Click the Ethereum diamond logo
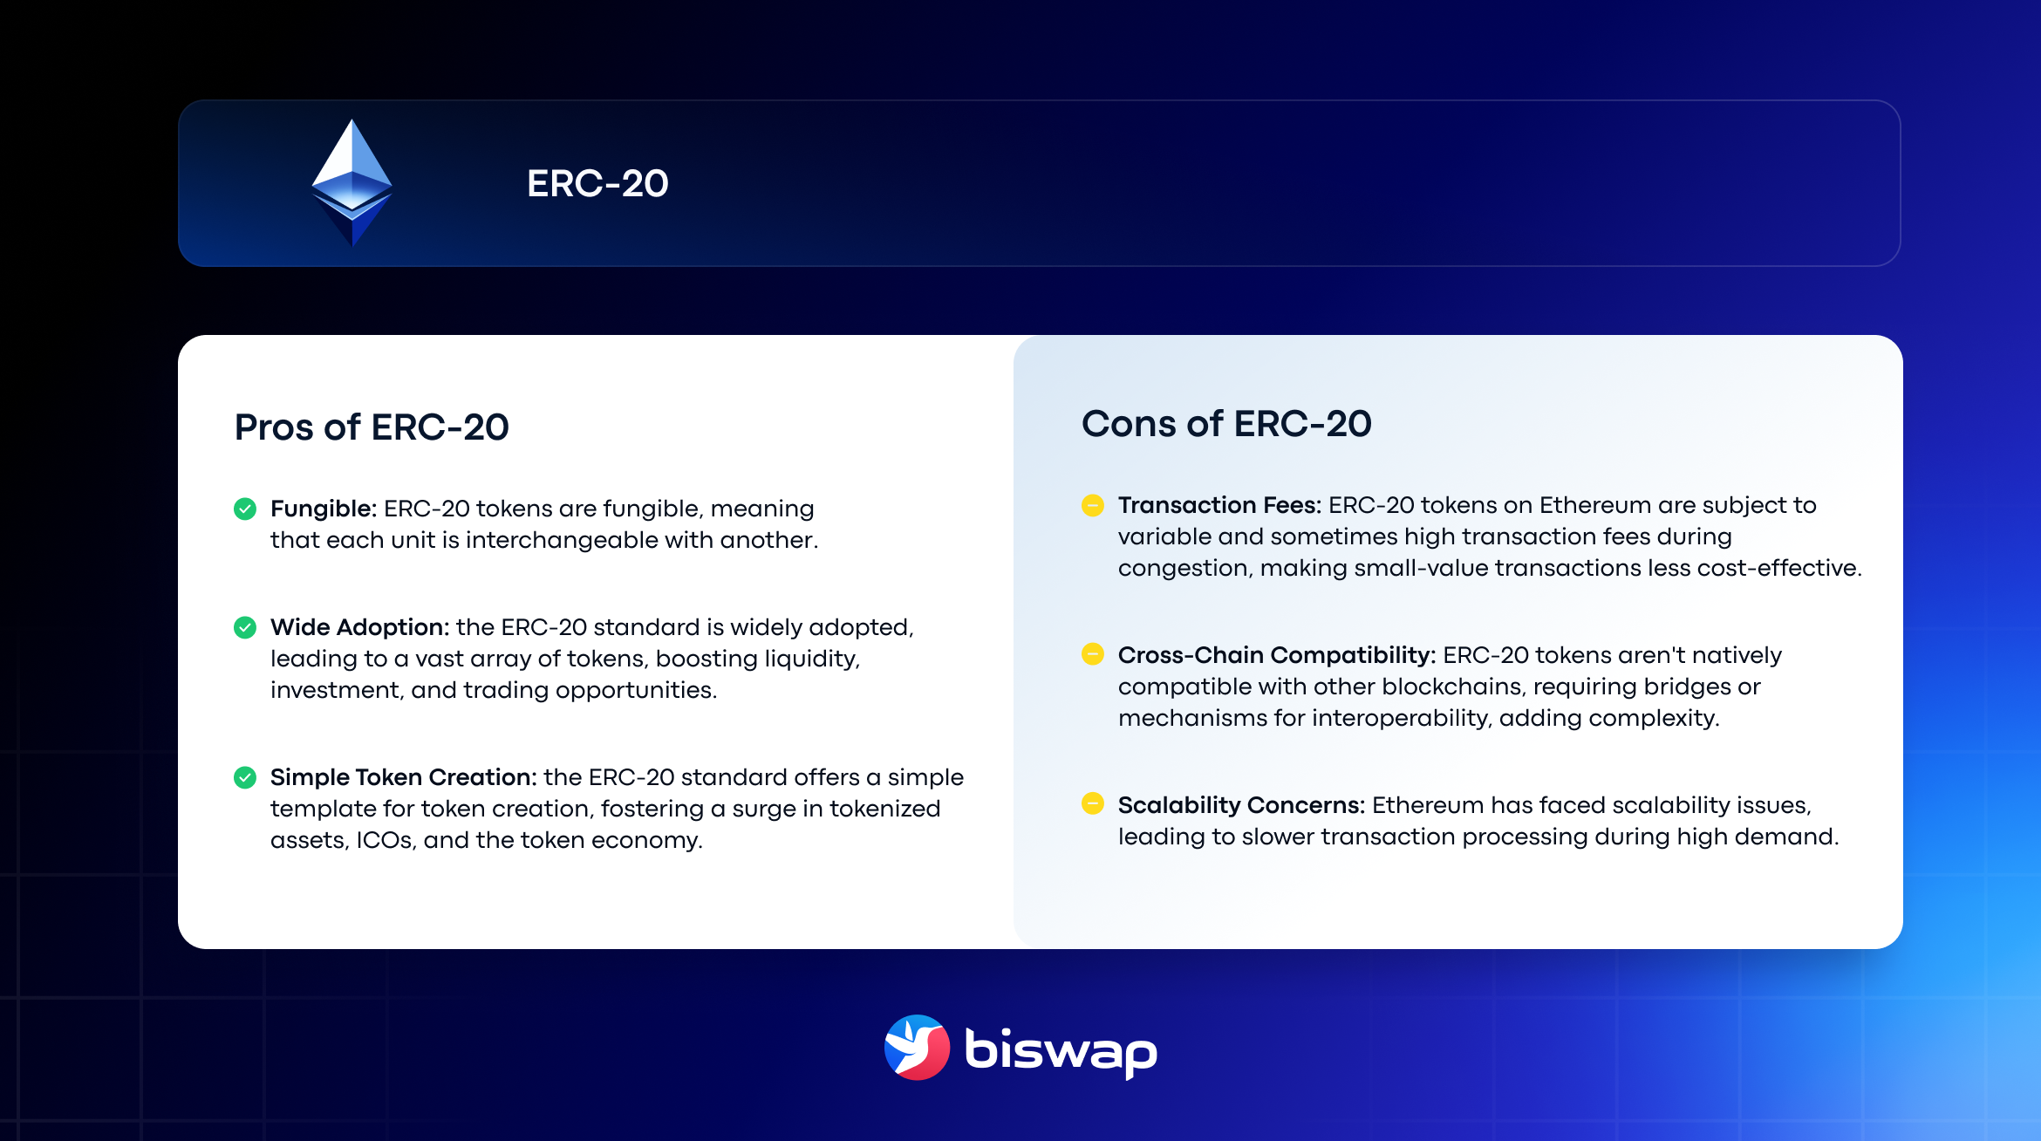(352, 183)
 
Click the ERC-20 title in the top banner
(597, 184)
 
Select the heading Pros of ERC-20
(372, 427)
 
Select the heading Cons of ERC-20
(1226, 424)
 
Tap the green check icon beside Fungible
(245, 509)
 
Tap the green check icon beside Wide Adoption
(245, 627)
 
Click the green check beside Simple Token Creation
(245, 777)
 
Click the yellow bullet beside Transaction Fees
(1092, 505)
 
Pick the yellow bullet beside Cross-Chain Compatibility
(1092, 654)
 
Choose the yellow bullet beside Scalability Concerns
(1092, 803)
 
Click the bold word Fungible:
(323, 509)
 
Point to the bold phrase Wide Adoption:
(359, 627)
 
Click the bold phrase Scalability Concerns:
(1241, 805)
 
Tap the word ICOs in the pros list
(385, 840)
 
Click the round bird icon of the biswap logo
(917, 1048)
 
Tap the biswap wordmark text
(1061, 1050)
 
